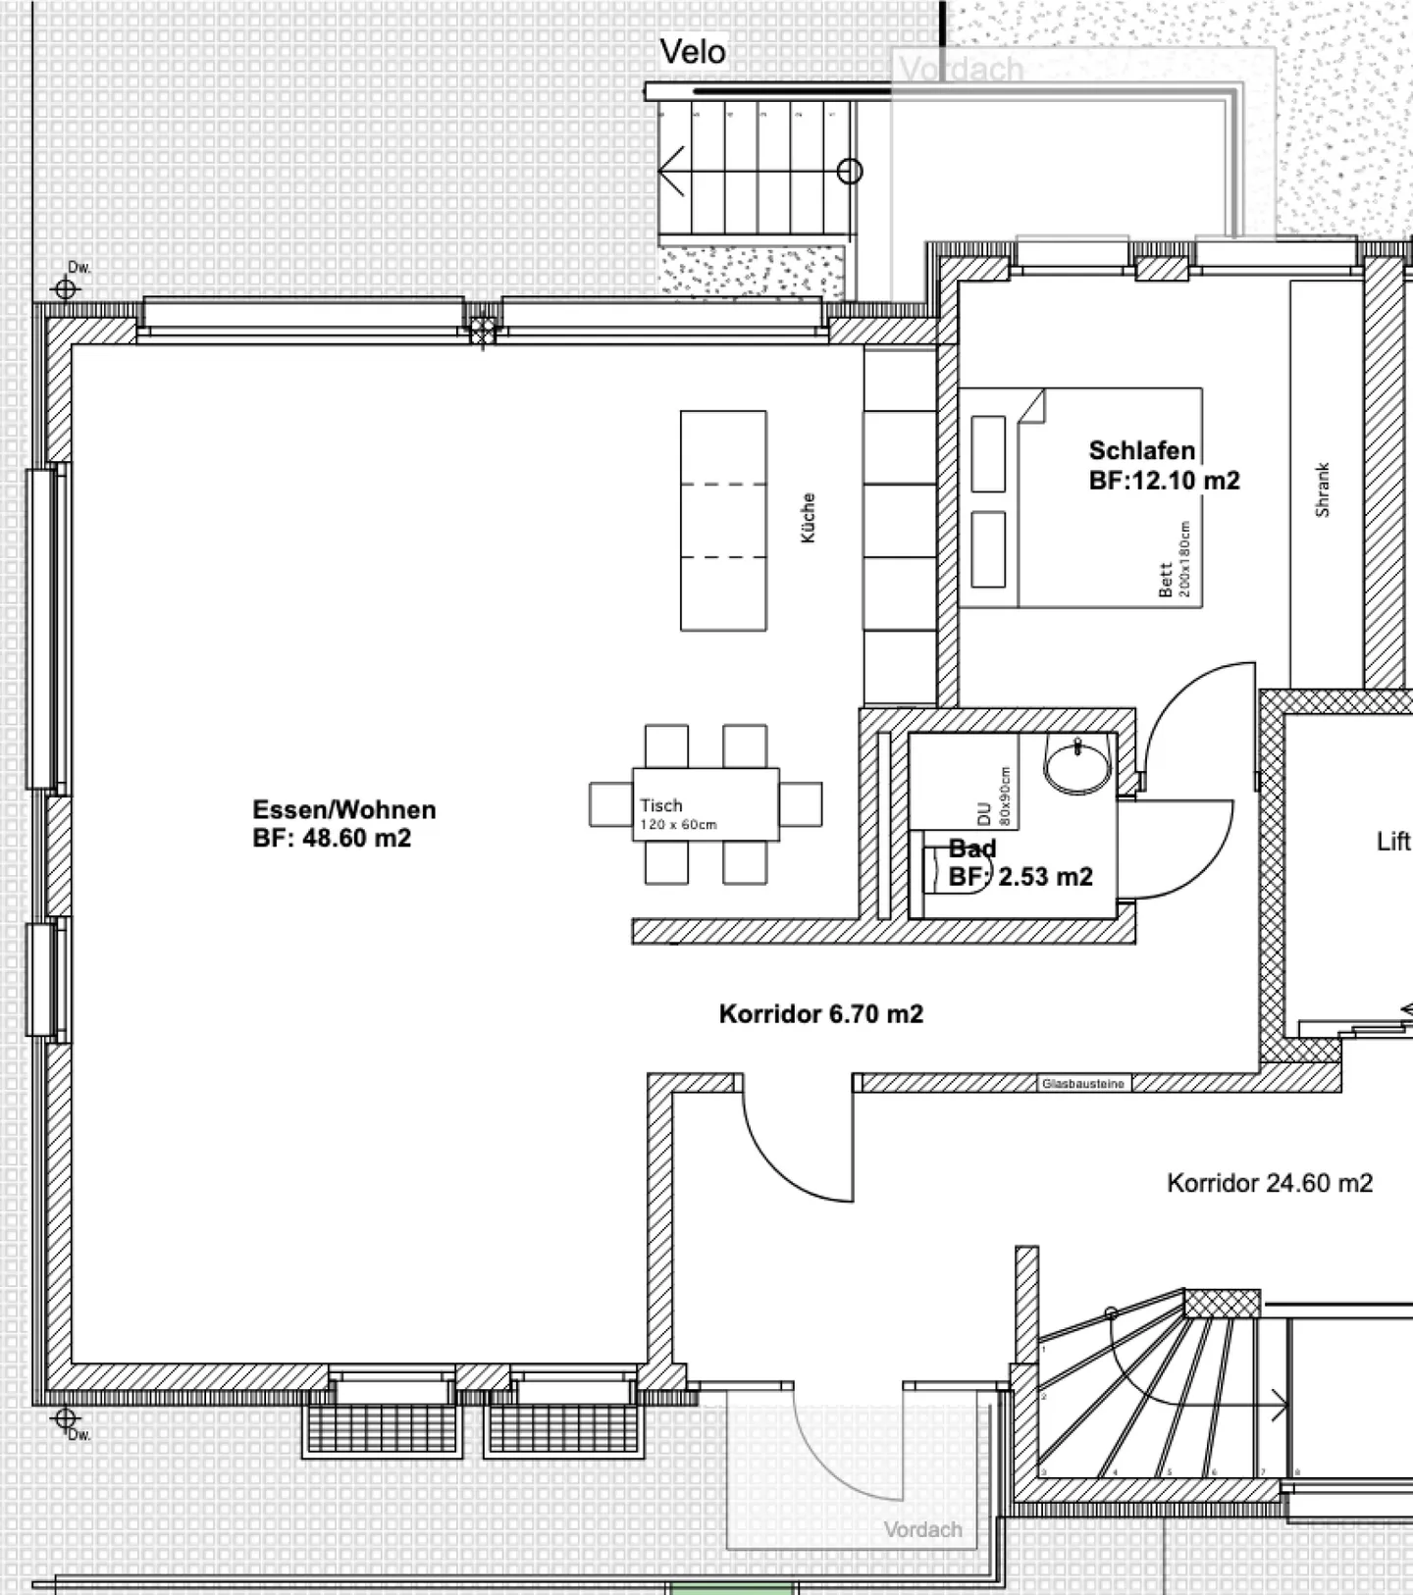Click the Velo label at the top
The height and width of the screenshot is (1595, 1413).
tap(692, 52)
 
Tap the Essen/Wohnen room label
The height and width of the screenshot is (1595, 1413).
tap(343, 810)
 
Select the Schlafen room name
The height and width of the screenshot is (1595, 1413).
tap(1141, 451)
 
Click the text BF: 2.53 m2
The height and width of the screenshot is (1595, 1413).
tap(1020, 877)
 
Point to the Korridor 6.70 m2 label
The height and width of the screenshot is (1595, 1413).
tap(820, 1014)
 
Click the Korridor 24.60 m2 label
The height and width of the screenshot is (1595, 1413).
tap(1269, 1184)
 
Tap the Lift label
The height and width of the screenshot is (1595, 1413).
tap(1392, 842)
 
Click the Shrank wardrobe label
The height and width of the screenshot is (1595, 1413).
tap(1322, 490)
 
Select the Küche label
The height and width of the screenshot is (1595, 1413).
tap(808, 518)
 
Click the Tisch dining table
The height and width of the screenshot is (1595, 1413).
tap(706, 805)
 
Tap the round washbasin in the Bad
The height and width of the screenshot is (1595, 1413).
tap(1076, 765)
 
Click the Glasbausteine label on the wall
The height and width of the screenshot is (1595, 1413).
tap(1083, 1084)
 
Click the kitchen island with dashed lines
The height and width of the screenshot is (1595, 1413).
tap(723, 520)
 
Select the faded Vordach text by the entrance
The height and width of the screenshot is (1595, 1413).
tap(921, 1529)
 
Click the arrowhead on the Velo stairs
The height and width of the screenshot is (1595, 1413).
tap(671, 171)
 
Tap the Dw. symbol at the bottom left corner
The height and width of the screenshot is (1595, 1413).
tap(65, 1418)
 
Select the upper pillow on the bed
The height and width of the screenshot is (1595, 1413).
tap(987, 454)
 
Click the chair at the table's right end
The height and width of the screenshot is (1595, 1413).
tap(801, 805)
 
